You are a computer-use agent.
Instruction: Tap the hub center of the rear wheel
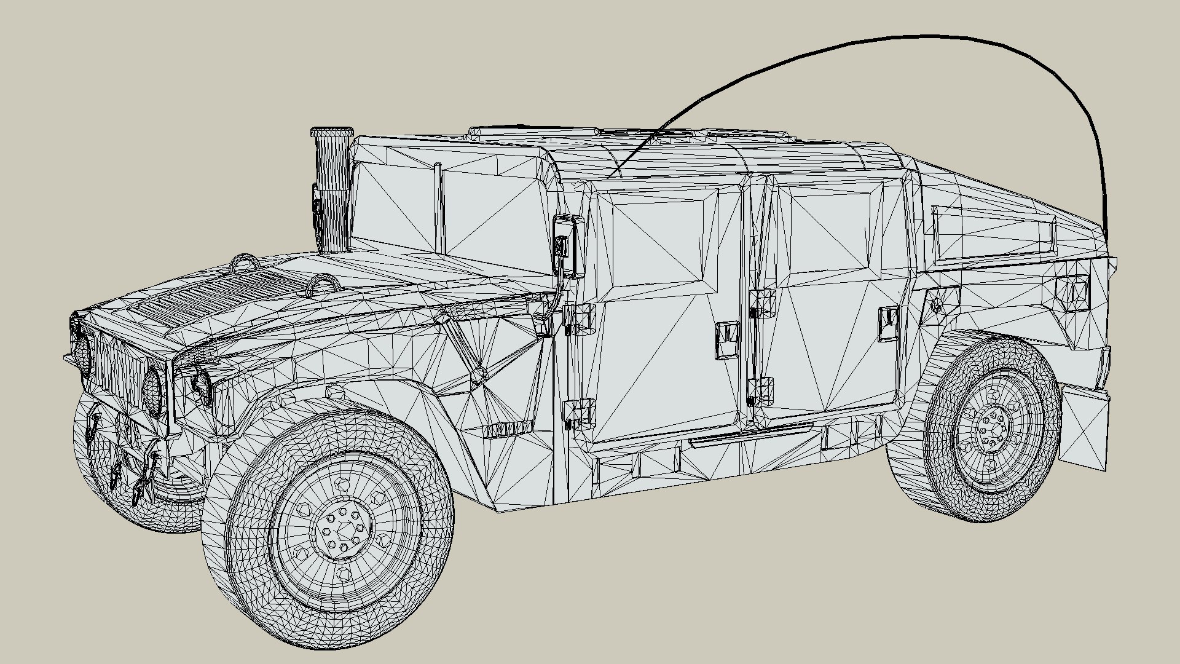pos(991,425)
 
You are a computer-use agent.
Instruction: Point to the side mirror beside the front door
pos(568,244)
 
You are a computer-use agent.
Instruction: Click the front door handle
pos(726,340)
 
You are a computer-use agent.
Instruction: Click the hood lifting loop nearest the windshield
pos(324,284)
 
